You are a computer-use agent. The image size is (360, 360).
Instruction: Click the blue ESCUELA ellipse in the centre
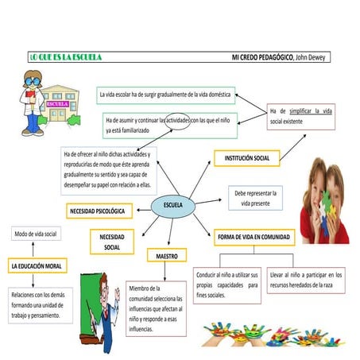point(172,206)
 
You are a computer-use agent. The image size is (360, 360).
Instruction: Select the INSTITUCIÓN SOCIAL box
point(246,158)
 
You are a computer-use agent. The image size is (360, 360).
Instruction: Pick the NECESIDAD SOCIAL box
point(111,242)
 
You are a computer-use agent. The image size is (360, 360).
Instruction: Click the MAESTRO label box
point(167,256)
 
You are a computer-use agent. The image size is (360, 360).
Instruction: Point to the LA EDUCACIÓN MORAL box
point(37,265)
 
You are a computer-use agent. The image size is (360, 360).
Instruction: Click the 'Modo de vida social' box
point(35,234)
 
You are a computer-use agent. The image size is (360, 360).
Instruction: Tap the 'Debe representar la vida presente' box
point(256,198)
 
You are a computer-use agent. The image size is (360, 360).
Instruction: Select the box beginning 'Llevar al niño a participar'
point(305,279)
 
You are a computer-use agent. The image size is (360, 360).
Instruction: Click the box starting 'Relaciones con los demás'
point(40,304)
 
